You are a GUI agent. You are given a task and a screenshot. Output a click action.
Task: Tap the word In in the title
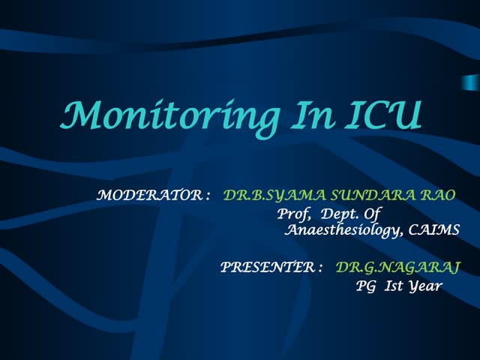(x=305, y=116)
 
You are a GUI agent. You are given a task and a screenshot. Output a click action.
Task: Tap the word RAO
(x=438, y=196)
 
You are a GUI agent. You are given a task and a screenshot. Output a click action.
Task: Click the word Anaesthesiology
(x=344, y=231)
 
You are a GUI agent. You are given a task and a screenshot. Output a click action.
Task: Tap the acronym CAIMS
(x=436, y=231)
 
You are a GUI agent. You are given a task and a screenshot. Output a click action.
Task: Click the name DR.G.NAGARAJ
(x=397, y=267)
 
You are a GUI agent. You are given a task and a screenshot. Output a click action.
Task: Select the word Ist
(x=394, y=286)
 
